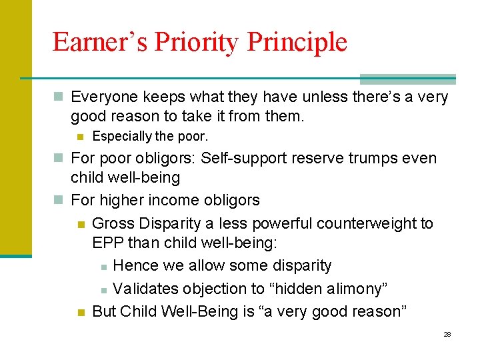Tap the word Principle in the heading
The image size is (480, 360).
297,42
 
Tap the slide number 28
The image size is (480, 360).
447,334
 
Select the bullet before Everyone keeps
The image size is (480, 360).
59,98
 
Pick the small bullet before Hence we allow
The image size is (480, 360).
103,267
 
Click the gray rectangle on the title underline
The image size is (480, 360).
407,79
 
